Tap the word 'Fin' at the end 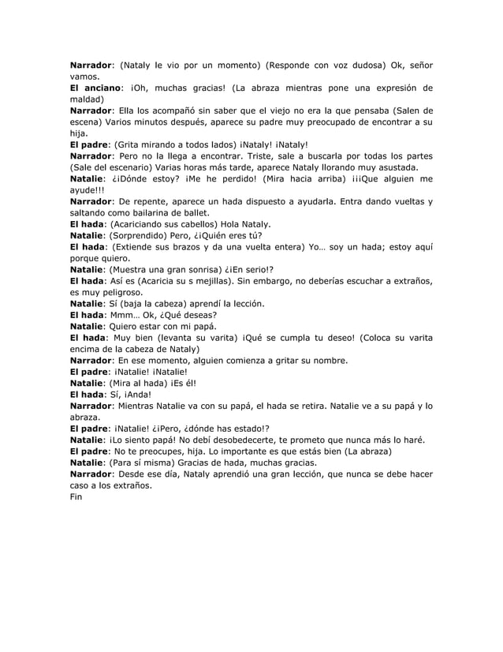[x=76, y=497]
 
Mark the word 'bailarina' [x=143, y=213]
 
